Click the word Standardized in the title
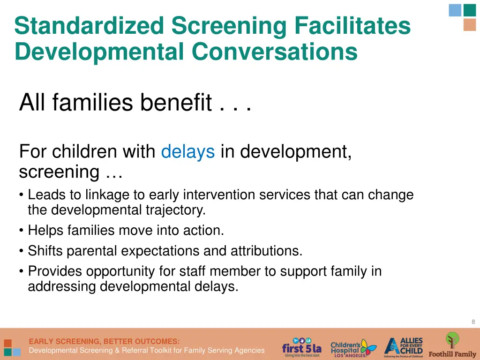click(89, 26)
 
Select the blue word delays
click(187, 152)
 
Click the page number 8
click(473, 322)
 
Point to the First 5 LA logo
click(301, 347)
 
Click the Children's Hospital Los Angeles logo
click(353, 347)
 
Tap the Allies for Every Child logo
click(404, 347)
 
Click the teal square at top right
click(470, 10)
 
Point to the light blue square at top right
click(455, 10)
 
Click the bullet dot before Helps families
click(22, 231)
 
